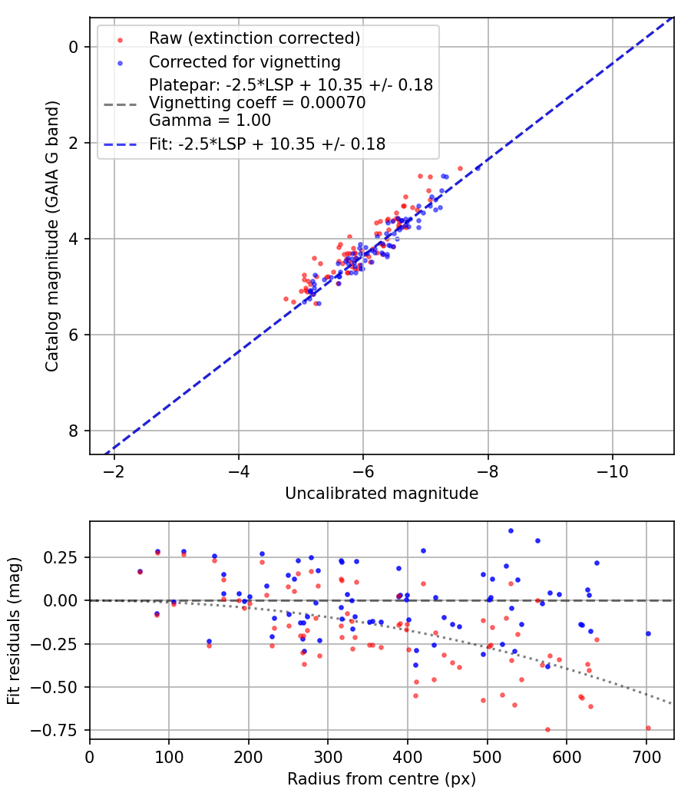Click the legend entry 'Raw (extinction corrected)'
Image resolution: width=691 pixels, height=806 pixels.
pos(254,38)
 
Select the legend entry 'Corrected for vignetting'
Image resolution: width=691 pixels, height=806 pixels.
pos(245,61)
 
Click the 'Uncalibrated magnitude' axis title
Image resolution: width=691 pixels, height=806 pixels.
pos(382,494)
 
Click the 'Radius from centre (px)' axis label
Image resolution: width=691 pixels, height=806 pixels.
pos(382,779)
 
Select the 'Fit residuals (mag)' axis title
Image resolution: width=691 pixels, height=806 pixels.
pos(14,629)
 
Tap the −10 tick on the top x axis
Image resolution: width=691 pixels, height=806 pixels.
pos(611,469)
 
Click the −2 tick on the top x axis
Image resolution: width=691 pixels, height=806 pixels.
pos(114,469)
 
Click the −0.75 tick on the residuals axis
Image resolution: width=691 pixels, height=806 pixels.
pos(63,731)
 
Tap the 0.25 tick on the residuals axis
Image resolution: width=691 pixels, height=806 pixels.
pos(67,557)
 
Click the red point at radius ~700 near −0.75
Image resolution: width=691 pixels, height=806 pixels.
pos(648,728)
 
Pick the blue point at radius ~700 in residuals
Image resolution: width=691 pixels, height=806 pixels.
pos(648,633)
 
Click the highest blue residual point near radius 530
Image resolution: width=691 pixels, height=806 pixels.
pos(511,530)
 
